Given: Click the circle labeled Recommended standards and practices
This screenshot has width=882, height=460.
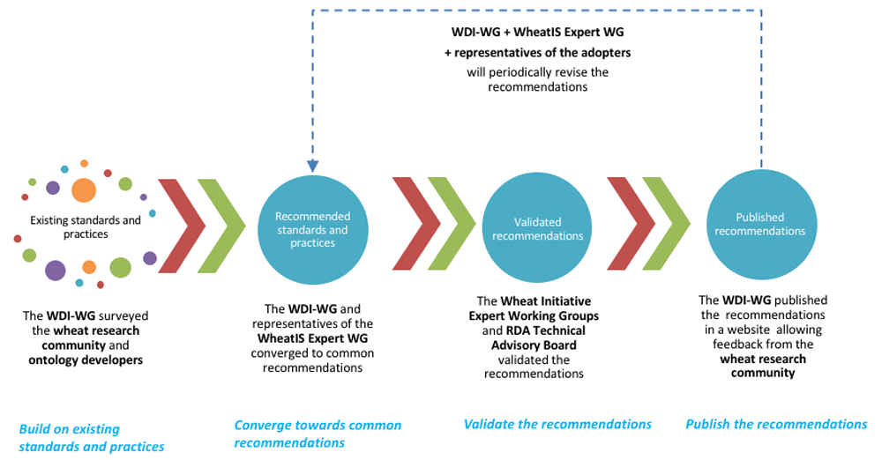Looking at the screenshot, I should pos(312,229).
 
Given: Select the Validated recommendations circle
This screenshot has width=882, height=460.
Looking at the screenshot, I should pos(537,229).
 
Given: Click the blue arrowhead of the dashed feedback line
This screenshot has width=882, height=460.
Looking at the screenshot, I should pos(312,166).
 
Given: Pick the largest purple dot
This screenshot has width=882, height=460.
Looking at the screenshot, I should pos(55,270).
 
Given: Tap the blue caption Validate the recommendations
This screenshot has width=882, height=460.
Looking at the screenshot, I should pos(557,424).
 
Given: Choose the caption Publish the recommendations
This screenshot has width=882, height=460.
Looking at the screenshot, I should pos(776,424).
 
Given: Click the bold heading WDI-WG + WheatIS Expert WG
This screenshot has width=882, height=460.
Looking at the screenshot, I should pos(537,33).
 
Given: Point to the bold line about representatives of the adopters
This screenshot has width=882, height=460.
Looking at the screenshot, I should pos(537,53).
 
